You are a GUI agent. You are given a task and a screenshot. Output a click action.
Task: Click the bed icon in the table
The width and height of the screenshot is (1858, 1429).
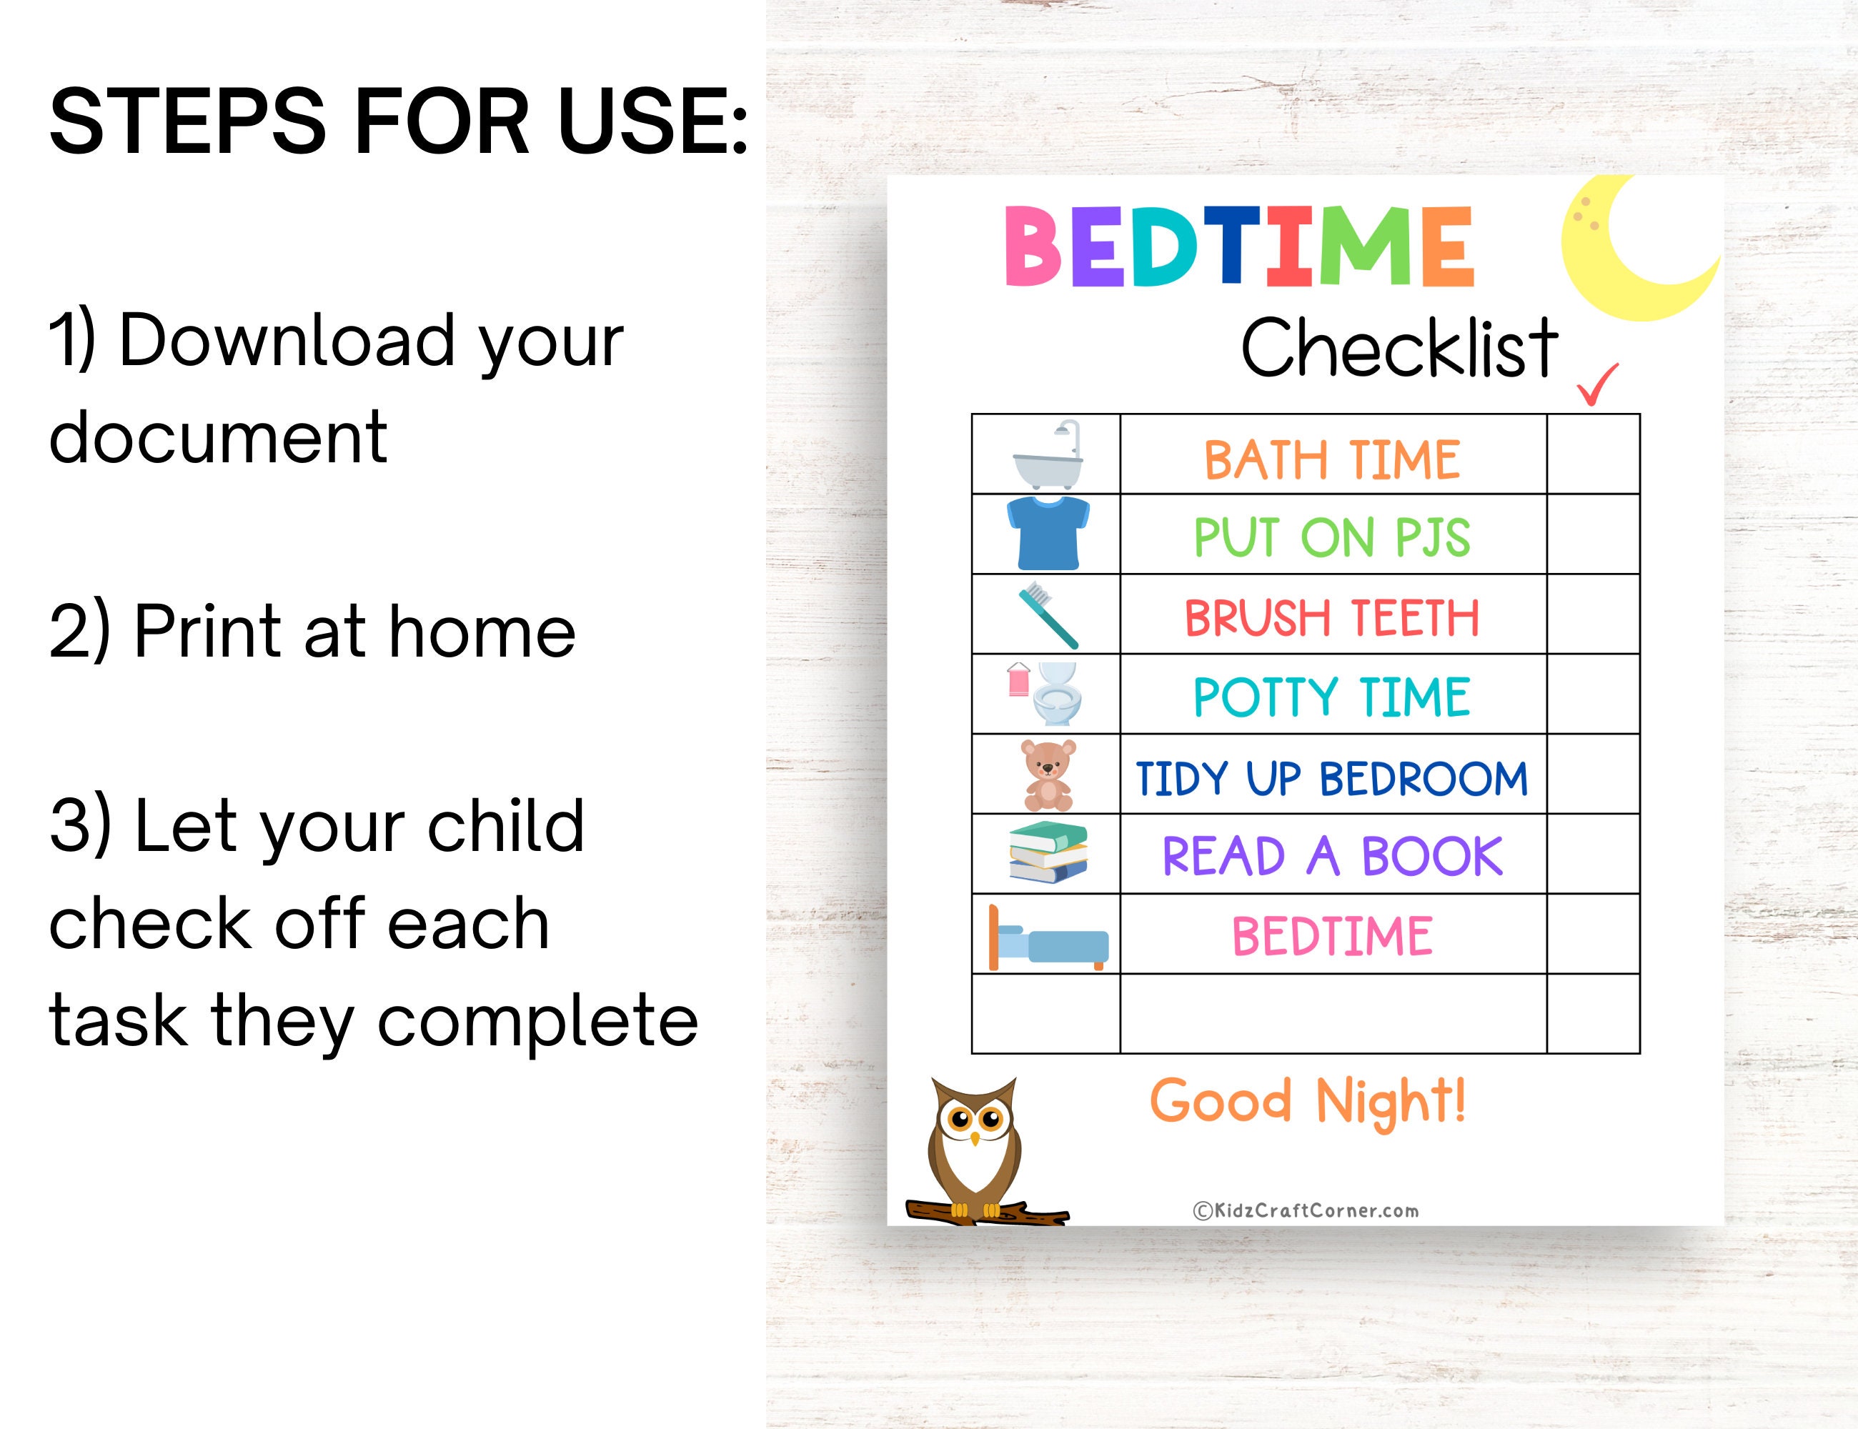click(x=1048, y=938)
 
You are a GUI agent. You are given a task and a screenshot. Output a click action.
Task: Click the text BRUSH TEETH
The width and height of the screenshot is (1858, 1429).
click(x=1332, y=617)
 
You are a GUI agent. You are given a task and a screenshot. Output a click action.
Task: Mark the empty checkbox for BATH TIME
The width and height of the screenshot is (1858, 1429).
click(x=1593, y=454)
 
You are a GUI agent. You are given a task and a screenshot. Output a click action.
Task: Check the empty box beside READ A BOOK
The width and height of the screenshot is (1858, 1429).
click(x=1593, y=854)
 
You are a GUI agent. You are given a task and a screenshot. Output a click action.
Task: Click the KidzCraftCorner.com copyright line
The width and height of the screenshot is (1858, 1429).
click(x=1306, y=1210)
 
